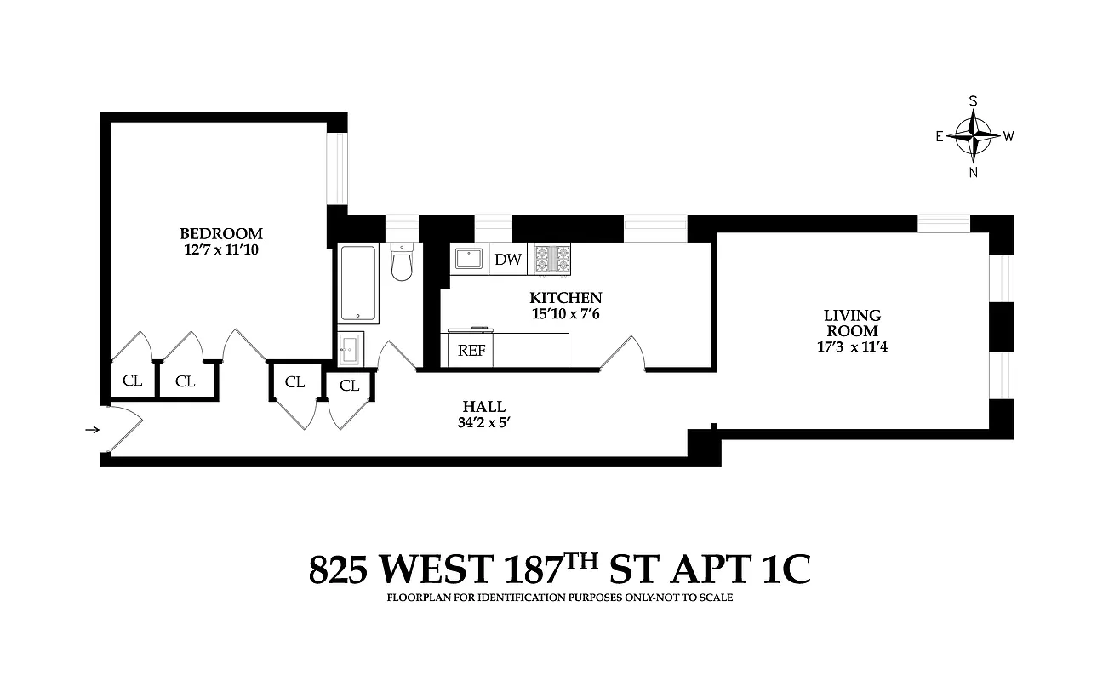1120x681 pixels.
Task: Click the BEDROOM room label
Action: tap(220, 233)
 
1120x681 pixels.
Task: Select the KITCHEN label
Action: tap(565, 298)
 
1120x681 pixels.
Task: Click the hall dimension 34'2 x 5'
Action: tap(483, 423)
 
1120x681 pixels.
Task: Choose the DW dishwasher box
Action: tap(508, 260)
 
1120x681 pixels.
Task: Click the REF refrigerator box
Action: tap(471, 351)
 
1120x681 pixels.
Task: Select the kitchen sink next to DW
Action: tap(469, 259)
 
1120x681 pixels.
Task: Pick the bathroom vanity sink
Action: tap(351, 349)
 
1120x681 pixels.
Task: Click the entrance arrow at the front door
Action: tap(92, 430)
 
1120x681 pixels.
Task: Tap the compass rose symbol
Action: tap(974, 135)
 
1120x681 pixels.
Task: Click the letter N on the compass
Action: tap(974, 172)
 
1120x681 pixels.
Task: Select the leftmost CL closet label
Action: tap(132, 381)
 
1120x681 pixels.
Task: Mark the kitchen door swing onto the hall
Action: tap(624, 354)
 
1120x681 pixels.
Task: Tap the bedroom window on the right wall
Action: tap(338, 169)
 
